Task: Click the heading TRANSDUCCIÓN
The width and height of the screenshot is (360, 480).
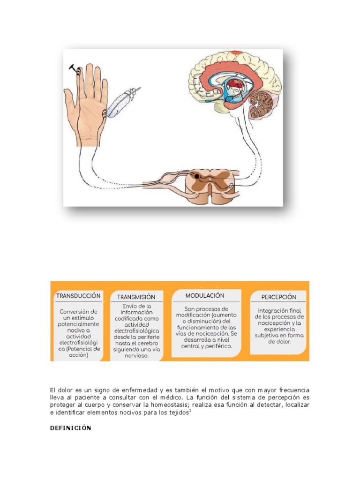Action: pyautogui.click(x=78, y=296)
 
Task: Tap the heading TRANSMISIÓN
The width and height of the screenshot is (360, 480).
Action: pyautogui.click(x=136, y=297)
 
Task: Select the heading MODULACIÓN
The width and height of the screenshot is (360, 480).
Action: pyautogui.click(x=204, y=296)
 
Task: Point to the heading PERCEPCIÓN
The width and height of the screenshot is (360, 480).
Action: pyautogui.click(x=278, y=297)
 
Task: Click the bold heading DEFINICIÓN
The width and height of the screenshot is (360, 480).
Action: pyautogui.click(x=71, y=428)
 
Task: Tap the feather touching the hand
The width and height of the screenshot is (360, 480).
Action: pyautogui.click(x=120, y=103)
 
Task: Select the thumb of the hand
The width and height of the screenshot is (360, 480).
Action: pyautogui.click(x=70, y=101)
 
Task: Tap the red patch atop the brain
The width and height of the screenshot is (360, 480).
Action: pyautogui.click(x=236, y=54)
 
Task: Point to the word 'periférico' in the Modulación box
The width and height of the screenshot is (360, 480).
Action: pyautogui.click(x=218, y=346)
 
